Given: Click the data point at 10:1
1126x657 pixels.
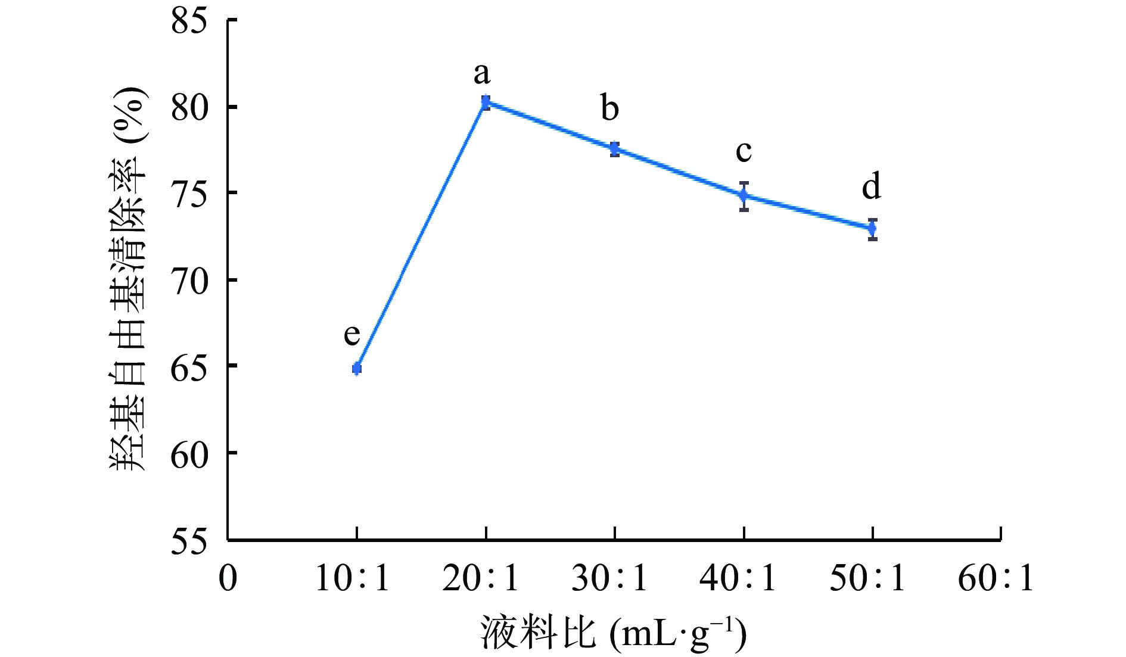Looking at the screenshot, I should (x=357, y=369).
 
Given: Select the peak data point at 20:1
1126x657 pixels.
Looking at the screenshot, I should (x=486, y=102).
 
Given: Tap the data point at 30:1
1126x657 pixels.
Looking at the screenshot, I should (x=615, y=148).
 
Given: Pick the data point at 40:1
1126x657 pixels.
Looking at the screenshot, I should (x=744, y=195).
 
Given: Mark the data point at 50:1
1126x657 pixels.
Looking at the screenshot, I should (x=873, y=228).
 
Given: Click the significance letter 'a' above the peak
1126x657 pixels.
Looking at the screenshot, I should (x=482, y=74).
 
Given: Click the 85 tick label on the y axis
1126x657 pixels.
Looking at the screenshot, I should (x=189, y=21).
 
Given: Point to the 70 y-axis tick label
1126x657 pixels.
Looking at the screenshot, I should (x=189, y=281).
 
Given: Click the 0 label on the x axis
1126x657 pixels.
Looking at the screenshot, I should (x=228, y=578).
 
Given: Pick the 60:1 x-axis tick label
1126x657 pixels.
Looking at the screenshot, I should (x=996, y=578).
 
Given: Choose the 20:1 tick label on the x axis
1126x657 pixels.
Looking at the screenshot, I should (x=481, y=578).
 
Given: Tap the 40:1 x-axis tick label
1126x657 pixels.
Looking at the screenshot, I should (x=738, y=578).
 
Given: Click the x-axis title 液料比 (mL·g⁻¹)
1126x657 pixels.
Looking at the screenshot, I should (x=614, y=634).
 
